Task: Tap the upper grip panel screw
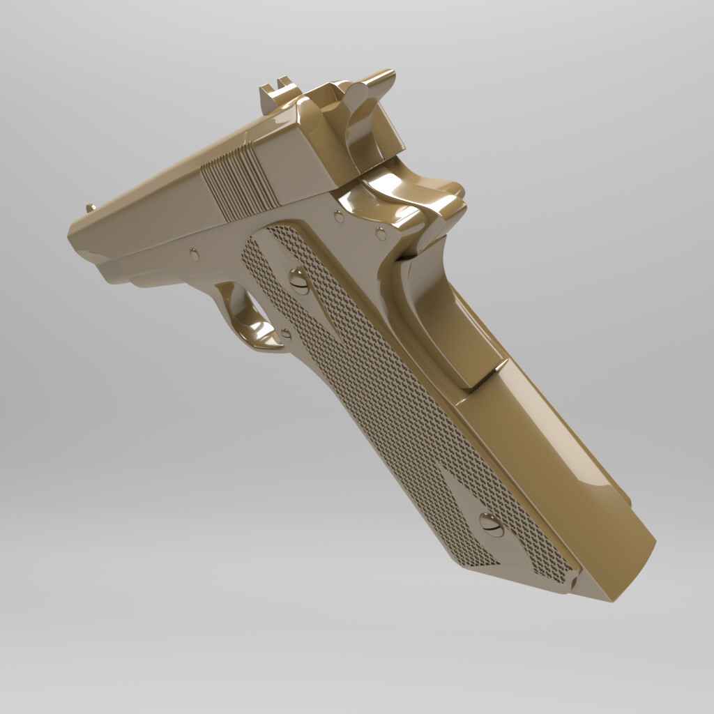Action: [x=298, y=280]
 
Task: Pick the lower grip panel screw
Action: [x=491, y=524]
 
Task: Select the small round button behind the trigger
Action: [x=284, y=334]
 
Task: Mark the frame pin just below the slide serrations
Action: [x=339, y=217]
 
